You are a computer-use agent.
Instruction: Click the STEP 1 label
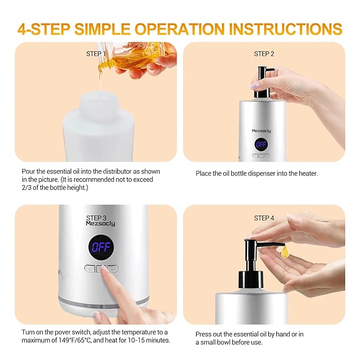coord(96,54)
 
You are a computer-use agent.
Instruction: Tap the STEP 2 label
coord(264,54)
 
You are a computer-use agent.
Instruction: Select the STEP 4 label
coord(264,218)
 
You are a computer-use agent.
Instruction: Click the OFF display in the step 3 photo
coord(100,247)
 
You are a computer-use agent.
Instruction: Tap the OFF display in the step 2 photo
coord(261,144)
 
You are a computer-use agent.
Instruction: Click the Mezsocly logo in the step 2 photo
coord(261,130)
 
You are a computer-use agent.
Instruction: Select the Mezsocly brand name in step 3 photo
coord(100,224)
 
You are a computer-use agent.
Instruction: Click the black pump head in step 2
coord(264,82)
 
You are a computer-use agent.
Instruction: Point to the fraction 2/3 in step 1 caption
coord(28,188)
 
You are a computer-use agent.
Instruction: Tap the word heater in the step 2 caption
coord(307,173)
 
